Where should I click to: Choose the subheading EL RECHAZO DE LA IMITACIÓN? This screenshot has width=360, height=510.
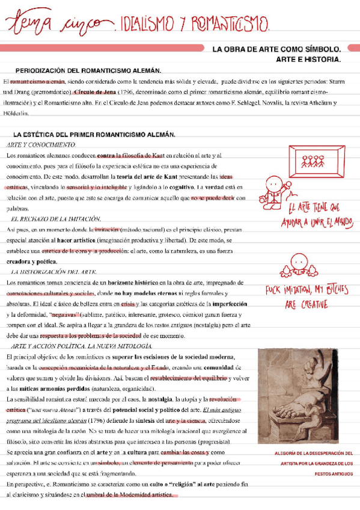click(56, 219)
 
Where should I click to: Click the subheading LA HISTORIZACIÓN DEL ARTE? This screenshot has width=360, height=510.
click(55, 272)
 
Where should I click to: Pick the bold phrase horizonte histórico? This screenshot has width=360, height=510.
click(138, 282)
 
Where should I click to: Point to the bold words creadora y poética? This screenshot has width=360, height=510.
click(32, 262)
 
